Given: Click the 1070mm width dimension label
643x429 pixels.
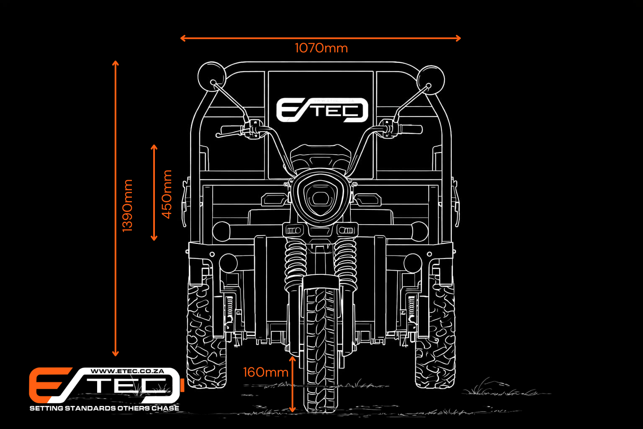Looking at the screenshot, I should pyautogui.click(x=321, y=48).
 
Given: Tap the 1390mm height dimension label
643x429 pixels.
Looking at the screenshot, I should pyautogui.click(x=127, y=205).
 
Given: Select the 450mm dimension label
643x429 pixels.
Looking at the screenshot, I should pyautogui.click(x=167, y=194).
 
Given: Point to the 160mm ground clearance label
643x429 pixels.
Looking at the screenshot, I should pyautogui.click(x=265, y=372).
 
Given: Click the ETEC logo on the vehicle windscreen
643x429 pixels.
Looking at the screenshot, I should pyautogui.click(x=321, y=110).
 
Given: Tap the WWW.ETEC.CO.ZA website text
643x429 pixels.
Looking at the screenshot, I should pyautogui.click(x=127, y=371).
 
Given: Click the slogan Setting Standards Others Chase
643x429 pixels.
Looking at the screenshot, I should pyautogui.click(x=104, y=408).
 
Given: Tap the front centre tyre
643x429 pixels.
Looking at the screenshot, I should pyautogui.click(x=321, y=344).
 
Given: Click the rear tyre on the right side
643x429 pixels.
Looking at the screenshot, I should pyautogui.click(x=435, y=335).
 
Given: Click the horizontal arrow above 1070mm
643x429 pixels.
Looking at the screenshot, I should pyautogui.click(x=321, y=38).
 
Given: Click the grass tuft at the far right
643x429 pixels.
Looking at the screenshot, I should pyautogui.click(x=486, y=388).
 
